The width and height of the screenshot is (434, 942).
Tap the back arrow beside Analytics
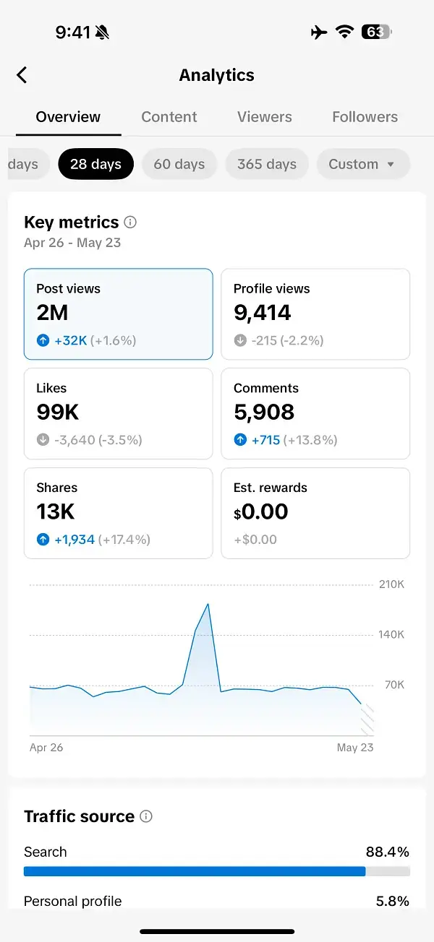click(x=22, y=74)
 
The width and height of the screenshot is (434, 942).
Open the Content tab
click(x=169, y=117)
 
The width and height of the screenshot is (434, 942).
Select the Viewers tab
click(x=265, y=117)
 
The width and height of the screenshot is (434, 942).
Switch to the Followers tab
click(x=365, y=117)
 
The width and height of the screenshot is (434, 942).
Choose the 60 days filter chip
click(x=179, y=164)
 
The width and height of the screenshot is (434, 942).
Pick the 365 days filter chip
click(x=267, y=164)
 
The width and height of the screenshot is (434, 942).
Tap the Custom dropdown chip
click(x=362, y=164)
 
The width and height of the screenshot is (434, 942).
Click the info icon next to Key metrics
click(x=130, y=222)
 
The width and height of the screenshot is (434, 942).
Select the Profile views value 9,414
click(x=263, y=313)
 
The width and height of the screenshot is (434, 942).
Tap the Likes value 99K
click(x=58, y=412)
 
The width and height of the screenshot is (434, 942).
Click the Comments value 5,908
click(x=264, y=412)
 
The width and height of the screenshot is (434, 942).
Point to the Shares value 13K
click(x=56, y=512)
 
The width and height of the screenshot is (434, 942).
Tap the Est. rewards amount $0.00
click(x=261, y=512)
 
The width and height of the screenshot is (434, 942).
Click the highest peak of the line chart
click(x=208, y=604)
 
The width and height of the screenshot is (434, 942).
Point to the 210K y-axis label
click(x=391, y=584)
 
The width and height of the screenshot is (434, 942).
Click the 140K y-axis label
click(x=391, y=635)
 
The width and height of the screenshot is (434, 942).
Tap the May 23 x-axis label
click(x=355, y=748)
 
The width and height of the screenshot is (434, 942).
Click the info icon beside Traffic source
click(x=146, y=817)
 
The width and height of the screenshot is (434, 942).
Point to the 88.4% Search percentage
click(x=388, y=852)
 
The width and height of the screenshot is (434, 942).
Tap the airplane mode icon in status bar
click(x=318, y=32)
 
